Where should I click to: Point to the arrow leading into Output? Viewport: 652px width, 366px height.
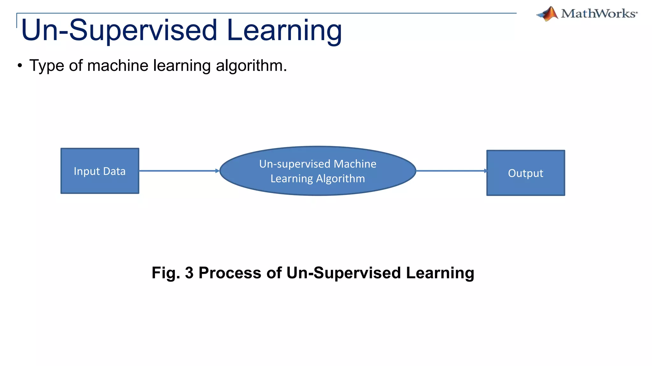pyautogui.click(x=451, y=171)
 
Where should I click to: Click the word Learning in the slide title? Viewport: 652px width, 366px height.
pyautogui.click(x=284, y=30)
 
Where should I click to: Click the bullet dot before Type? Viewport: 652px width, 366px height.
pyautogui.click(x=20, y=66)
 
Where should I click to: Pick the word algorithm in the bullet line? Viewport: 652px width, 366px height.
pyautogui.click(x=251, y=66)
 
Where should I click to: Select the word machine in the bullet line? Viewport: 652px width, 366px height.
pyautogui.click(x=117, y=66)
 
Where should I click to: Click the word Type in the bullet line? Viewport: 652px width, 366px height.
pyautogui.click(x=46, y=66)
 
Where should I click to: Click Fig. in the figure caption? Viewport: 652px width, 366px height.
pyautogui.click(x=166, y=273)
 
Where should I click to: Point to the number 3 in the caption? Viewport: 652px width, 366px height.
pyautogui.click(x=189, y=273)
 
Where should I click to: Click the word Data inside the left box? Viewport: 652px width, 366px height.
pyautogui.click(x=114, y=171)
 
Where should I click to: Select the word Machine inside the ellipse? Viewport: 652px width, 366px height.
pyautogui.click(x=355, y=164)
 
